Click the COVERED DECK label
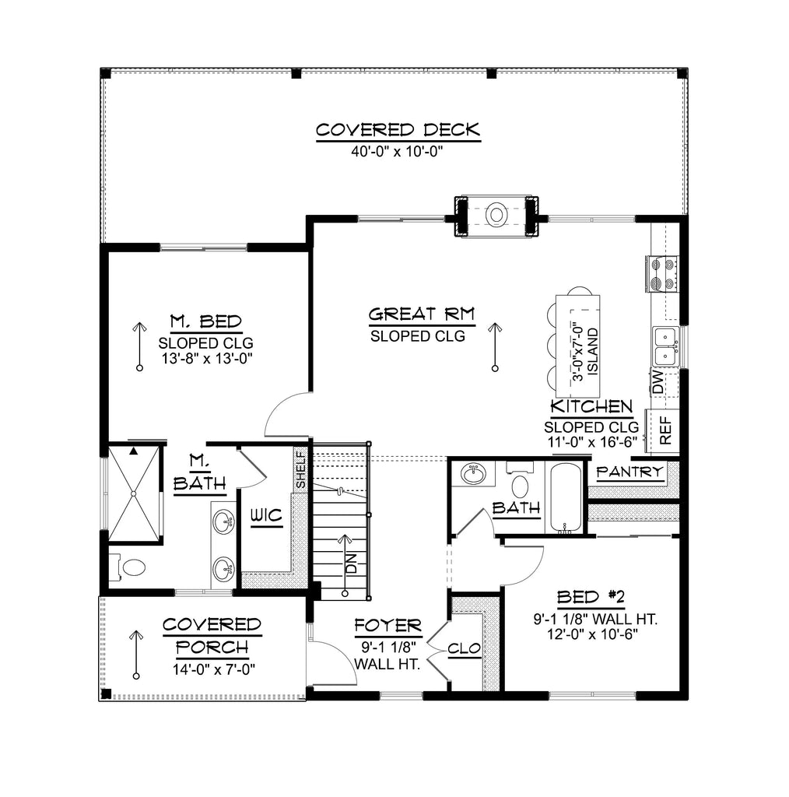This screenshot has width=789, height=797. click(398, 129)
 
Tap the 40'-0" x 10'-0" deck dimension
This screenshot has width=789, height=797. click(397, 152)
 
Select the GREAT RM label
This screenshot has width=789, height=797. click(422, 314)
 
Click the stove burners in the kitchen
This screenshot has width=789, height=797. click(661, 273)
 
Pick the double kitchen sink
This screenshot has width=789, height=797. click(664, 346)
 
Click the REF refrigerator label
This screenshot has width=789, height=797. click(665, 430)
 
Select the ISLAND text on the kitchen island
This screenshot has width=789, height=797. click(593, 351)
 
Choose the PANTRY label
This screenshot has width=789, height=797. click(629, 472)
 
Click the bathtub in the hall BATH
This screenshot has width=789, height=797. click(566, 498)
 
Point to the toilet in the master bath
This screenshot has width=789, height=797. click(129, 567)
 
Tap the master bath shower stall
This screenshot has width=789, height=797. click(135, 492)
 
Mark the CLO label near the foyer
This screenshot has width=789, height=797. click(465, 648)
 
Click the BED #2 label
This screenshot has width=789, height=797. click(591, 597)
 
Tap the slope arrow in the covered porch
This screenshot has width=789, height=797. click(138, 654)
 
